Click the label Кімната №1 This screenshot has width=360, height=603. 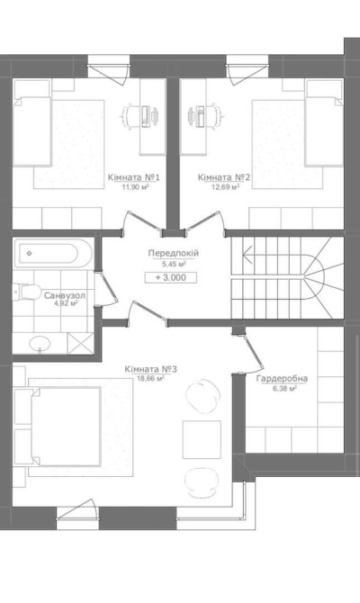click(133, 177)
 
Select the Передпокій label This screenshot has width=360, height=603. click(174, 254)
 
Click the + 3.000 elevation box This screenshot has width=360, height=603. click(171, 278)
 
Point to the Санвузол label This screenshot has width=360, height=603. click(64, 296)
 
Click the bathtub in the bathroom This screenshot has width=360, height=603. click(53, 254)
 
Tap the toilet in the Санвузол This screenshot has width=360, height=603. click(25, 292)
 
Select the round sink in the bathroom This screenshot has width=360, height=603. click(40, 344)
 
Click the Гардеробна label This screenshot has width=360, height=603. click(282, 378)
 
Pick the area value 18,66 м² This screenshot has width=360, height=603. click(150, 378)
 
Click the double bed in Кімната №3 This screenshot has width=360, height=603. click(58, 427)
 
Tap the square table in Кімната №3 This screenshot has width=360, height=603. click(202, 439)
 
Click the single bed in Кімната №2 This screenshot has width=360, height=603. click(324, 123)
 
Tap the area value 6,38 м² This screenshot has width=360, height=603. click(283, 389)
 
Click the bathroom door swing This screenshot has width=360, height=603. click(105, 289)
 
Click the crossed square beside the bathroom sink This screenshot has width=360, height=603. click(80, 344)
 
